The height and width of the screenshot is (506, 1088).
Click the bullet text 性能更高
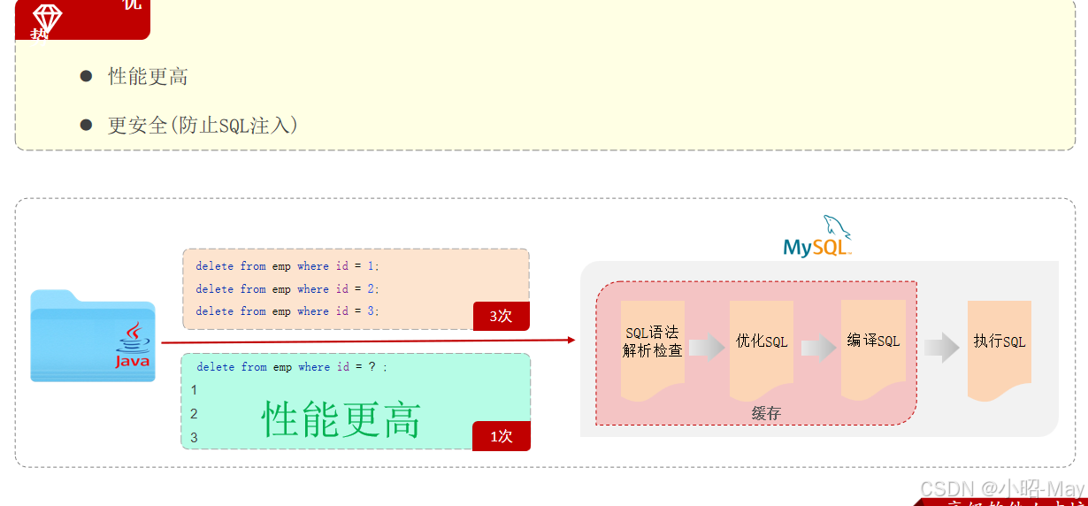[x=148, y=77]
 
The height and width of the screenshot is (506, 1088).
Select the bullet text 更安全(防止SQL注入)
[x=203, y=126]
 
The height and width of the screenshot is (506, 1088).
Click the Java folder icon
[x=93, y=336]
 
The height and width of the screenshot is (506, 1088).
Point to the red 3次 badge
[x=501, y=316]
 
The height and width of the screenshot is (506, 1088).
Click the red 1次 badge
[x=501, y=435]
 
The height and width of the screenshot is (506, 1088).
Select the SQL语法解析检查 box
[x=653, y=342]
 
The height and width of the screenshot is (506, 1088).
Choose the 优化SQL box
[x=762, y=342]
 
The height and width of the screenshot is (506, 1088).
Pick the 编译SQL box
[x=873, y=341]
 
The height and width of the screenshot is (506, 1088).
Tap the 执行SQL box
[x=1000, y=342]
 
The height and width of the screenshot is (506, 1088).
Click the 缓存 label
[x=766, y=414]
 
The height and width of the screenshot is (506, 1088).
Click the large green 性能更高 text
[x=341, y=418]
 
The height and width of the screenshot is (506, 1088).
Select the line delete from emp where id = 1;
[x=287, y=266]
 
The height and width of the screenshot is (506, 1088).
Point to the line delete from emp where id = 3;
[x=287, y=311]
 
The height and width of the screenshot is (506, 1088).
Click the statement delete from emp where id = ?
[x=292, y=367]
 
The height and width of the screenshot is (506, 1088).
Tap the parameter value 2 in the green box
[x=194, y=414]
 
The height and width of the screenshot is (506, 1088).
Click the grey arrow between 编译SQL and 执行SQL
[x=942, y=348]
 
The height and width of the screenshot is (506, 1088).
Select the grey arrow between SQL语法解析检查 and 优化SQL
[x=707, y=348]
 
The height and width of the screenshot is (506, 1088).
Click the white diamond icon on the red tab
[x=47, y=19]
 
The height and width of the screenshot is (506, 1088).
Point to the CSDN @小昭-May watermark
[x=1001, y=488]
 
